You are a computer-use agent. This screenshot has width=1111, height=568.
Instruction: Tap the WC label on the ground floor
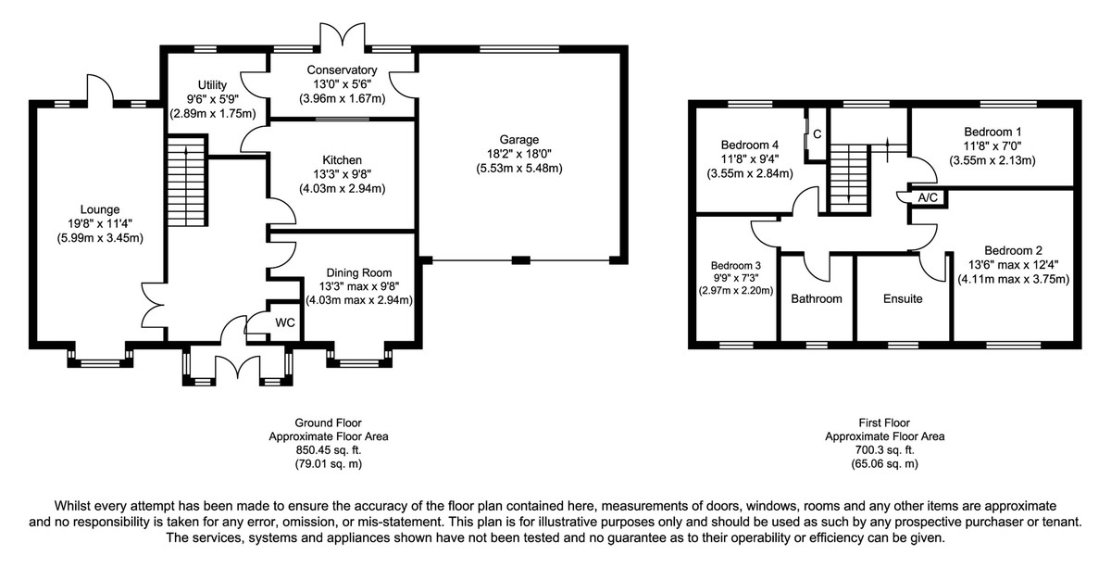(x=285, y=323)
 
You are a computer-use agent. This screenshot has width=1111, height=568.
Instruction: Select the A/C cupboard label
(x=926, y=198)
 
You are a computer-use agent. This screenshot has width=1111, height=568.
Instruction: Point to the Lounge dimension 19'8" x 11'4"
(x=100, y=223)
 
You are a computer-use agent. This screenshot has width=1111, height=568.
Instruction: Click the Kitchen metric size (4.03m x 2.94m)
(x=342, y=189)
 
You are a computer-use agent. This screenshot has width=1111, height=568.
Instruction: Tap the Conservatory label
(x=342, y=70)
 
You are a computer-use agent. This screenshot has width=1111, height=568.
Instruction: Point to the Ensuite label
(x=903, y=299)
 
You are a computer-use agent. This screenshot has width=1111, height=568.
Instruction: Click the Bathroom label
(x=817, y=299)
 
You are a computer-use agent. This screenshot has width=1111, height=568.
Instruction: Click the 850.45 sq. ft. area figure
(x=329, y=449)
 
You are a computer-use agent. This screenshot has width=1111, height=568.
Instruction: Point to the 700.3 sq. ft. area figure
(x=884, y=449)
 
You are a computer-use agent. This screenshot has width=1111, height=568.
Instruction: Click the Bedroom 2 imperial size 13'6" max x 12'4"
(x=1014, y=264)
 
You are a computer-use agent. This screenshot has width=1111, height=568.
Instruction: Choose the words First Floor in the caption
(x=884, y=422)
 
